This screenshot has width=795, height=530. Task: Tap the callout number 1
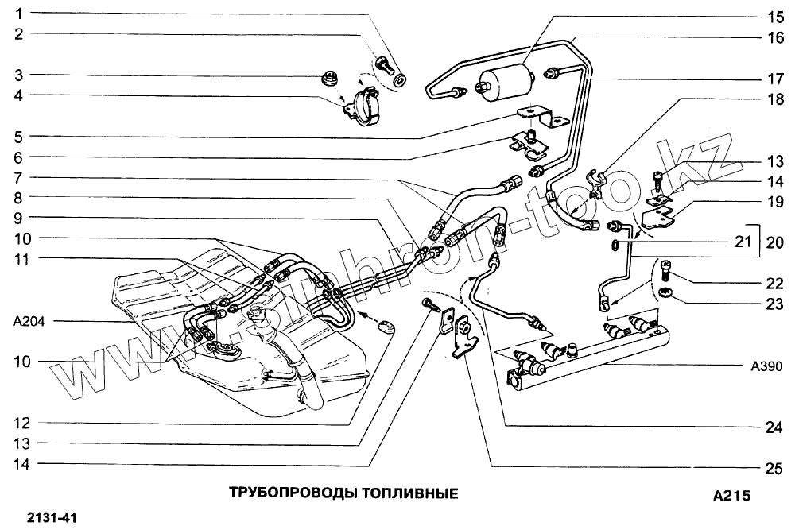pos(18,14)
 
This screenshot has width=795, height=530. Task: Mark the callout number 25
pos(775,469)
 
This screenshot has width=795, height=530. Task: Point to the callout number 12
pos(18,424)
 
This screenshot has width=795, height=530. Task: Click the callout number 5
pos(18,135)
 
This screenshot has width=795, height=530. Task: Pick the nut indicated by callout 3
pos(327,78)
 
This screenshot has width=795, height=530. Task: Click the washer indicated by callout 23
pos(666,296)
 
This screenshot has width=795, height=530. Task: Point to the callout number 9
pos(18,217)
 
